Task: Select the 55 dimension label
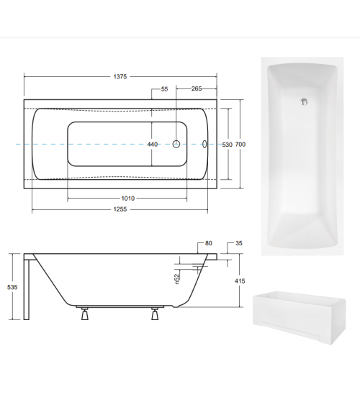click(164, 89)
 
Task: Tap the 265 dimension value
click(196, 89)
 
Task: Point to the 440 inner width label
click(153, 145)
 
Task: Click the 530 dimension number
click(227, 145)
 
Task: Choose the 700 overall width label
click(240, 145)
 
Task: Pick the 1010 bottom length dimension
click(127, 199)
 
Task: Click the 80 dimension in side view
click(208, 243)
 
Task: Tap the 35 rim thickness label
click(239, 243)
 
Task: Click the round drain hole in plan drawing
click(175, 144)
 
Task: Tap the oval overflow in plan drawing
click(204, 144)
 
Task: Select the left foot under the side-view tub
click(84, 314)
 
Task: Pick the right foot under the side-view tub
click(153, 314)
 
